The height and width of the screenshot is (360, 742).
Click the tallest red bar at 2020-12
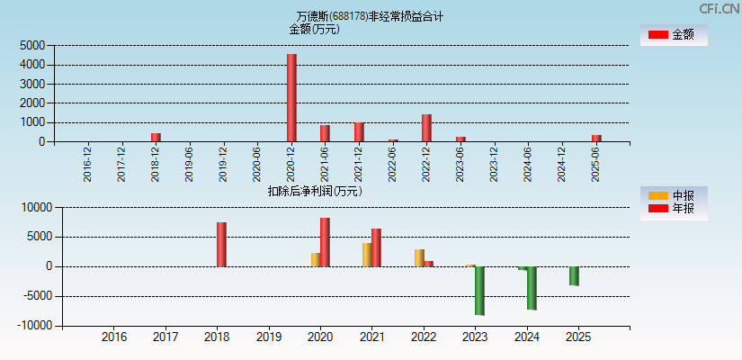click(x=291, y=97)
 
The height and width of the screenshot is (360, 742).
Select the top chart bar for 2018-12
click(x=156, y=137)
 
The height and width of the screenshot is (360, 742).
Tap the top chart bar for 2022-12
click(x=426, y=128)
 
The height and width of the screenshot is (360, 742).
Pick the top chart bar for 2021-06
click(x=325, y=133)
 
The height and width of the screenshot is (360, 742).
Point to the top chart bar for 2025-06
click(x=596, y=138)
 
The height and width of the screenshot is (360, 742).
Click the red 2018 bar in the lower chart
click(x=221, y=244)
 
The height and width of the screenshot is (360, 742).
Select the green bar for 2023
click(x=479, y=291)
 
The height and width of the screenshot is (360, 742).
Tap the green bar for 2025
click(x=574, y=276)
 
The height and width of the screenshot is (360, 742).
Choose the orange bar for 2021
click(x=367, y=255)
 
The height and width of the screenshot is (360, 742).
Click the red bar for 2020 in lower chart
click(x=325, y=242)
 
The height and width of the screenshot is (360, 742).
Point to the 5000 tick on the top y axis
click(x=32, y=45)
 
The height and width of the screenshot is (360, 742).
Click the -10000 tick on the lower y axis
click(x=36, y=326)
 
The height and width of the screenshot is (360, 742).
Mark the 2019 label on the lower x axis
click(x=268, y=337)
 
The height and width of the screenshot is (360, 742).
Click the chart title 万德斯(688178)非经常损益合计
click(x=370, y=16)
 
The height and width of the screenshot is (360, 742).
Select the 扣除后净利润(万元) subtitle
click(x=315, y=191)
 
